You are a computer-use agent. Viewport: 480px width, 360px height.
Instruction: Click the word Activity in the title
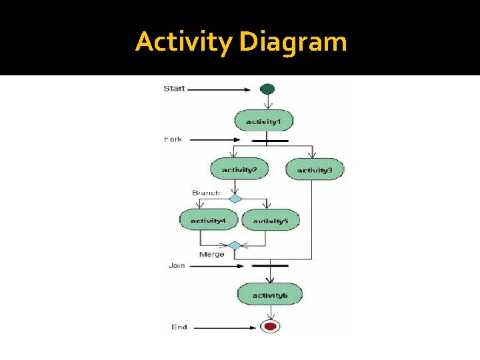pos(184,42)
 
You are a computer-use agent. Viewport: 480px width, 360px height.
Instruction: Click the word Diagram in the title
pos(293,42)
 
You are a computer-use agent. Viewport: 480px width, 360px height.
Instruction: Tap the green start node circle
pos(267,89)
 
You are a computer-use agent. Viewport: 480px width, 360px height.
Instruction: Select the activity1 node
pos(264,121)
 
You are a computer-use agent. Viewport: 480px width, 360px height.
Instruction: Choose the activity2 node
pos(239,169)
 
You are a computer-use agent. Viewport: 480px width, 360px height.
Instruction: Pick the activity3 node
pos(315,169)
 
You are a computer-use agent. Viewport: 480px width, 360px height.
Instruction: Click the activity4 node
pos(208,220)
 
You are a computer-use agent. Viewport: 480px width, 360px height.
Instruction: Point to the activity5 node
pos(270,220)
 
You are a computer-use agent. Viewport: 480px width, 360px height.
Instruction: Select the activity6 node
pos(270,294)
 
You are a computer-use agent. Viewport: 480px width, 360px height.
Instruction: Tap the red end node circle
pos(270,326)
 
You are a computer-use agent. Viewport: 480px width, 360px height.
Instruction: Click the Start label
pos(174,88)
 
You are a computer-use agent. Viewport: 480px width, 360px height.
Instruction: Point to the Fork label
pos(173,139)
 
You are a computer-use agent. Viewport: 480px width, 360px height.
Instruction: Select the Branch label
pos(205,193)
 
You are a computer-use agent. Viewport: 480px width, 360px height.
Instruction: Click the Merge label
pos(212,254)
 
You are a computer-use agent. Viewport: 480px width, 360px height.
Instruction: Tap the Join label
pos(177,265)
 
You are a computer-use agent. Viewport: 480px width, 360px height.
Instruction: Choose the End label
pos(179,327)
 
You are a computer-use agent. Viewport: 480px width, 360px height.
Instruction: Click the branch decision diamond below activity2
pos(235,198)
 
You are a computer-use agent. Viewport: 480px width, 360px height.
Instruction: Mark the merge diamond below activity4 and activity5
pos(235,245)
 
